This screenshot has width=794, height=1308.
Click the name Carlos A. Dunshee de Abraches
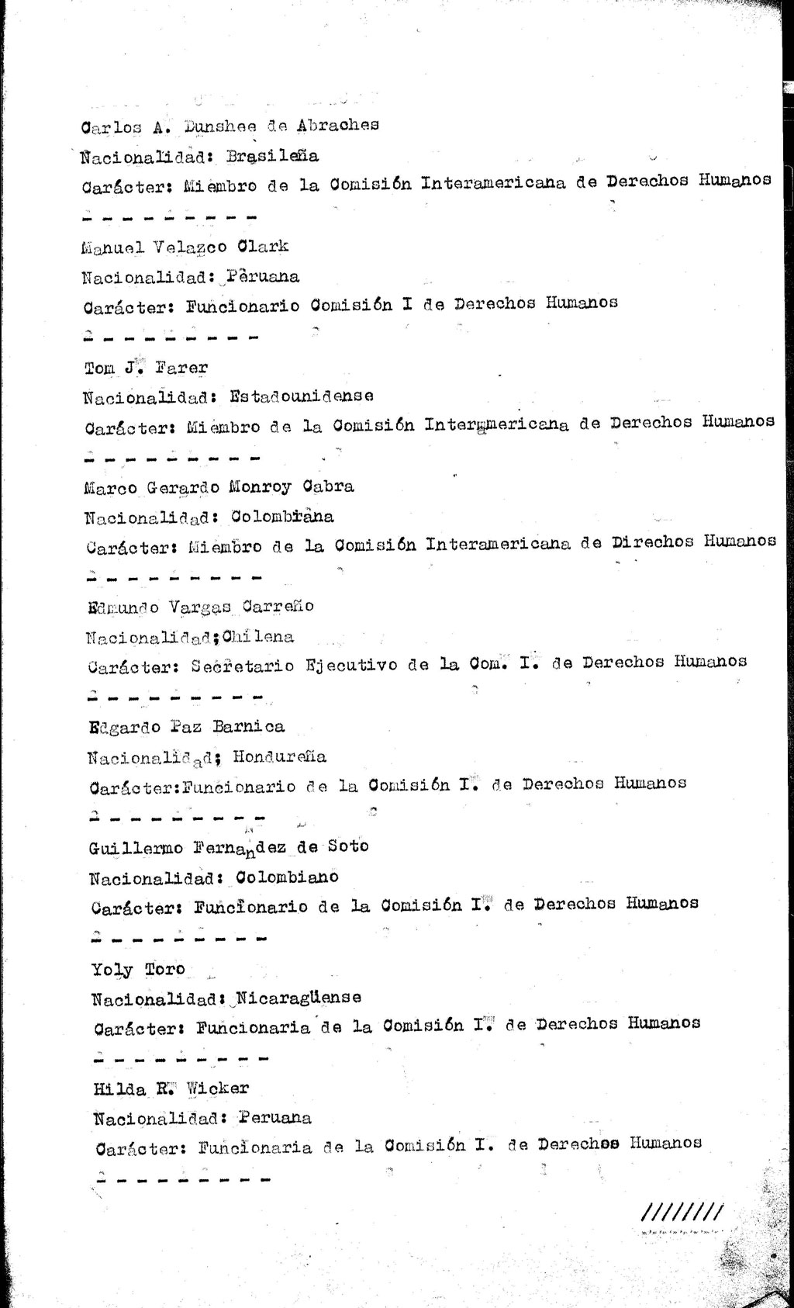230,126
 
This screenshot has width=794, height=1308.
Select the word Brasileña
272,156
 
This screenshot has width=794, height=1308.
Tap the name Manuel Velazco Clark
185,247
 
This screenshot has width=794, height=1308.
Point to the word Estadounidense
302,396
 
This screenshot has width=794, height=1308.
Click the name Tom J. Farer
145,368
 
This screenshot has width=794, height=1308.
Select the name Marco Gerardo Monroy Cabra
219,487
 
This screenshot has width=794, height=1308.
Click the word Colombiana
283,517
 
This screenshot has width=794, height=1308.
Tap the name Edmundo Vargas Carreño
201,607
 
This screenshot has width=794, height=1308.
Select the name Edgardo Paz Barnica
186,728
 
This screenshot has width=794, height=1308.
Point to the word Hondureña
279,756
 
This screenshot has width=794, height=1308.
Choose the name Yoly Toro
138,970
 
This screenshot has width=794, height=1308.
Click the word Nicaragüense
298,997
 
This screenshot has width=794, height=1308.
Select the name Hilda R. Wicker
171,1089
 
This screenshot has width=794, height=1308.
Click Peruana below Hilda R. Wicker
275,1118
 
